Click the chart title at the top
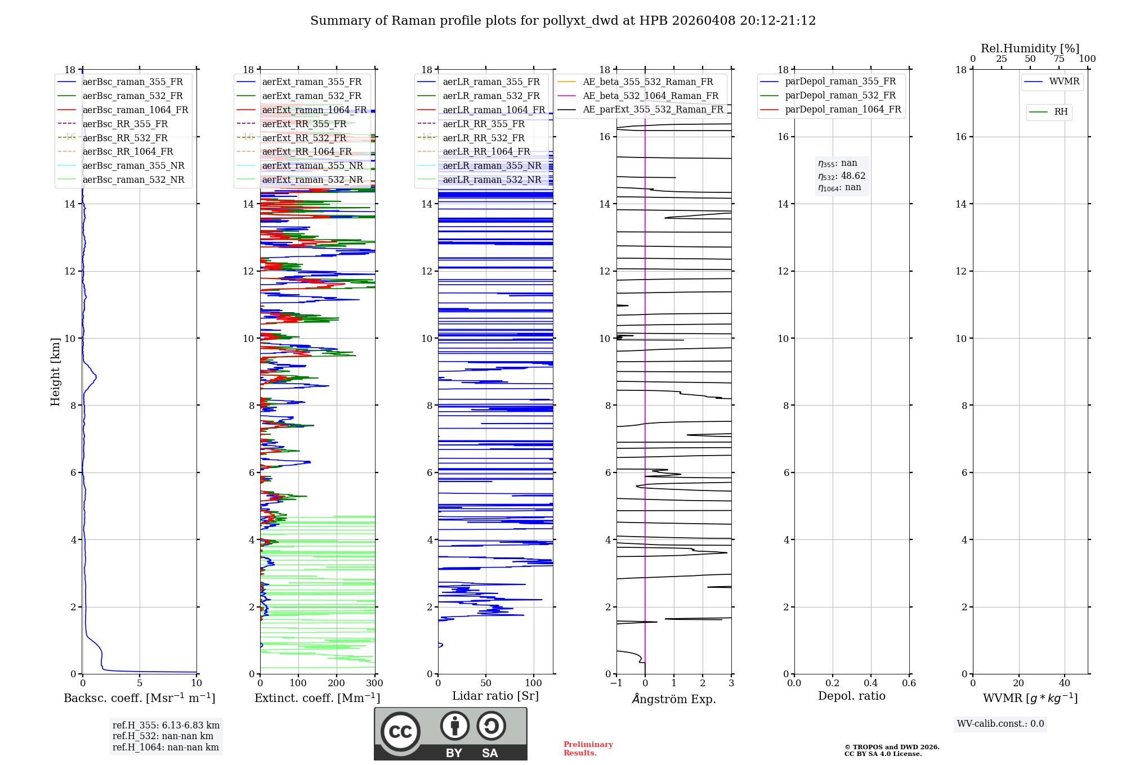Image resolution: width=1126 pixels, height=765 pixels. (562, 21)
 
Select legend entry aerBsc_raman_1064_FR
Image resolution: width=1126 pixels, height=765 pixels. (135, 110)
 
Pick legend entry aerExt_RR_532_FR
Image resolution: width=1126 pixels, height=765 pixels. (304, 138)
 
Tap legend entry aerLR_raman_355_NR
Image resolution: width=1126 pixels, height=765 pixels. (491, 165)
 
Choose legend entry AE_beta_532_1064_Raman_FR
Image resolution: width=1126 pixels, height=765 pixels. (650, 96)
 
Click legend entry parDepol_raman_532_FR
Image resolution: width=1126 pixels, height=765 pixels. (840, 96)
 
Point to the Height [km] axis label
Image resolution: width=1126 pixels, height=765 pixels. (55, 371)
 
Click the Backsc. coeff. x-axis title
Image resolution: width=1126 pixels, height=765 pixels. (139, 698)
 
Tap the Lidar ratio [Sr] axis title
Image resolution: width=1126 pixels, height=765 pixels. (495, 696)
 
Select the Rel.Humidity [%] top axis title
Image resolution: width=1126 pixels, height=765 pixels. (1030, 48)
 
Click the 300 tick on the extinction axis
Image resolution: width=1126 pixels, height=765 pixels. (374, 683)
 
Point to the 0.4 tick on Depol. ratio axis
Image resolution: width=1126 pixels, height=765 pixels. (870, 683)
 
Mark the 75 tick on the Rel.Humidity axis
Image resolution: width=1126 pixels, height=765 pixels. (1058, 59)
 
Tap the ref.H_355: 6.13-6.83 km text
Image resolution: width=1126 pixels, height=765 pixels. (166, 725)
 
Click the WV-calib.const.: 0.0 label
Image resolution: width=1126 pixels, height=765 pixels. (1000, 724)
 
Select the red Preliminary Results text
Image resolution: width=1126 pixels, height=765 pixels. (588, 749)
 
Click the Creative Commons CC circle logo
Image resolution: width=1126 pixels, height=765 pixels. (400, 732)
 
